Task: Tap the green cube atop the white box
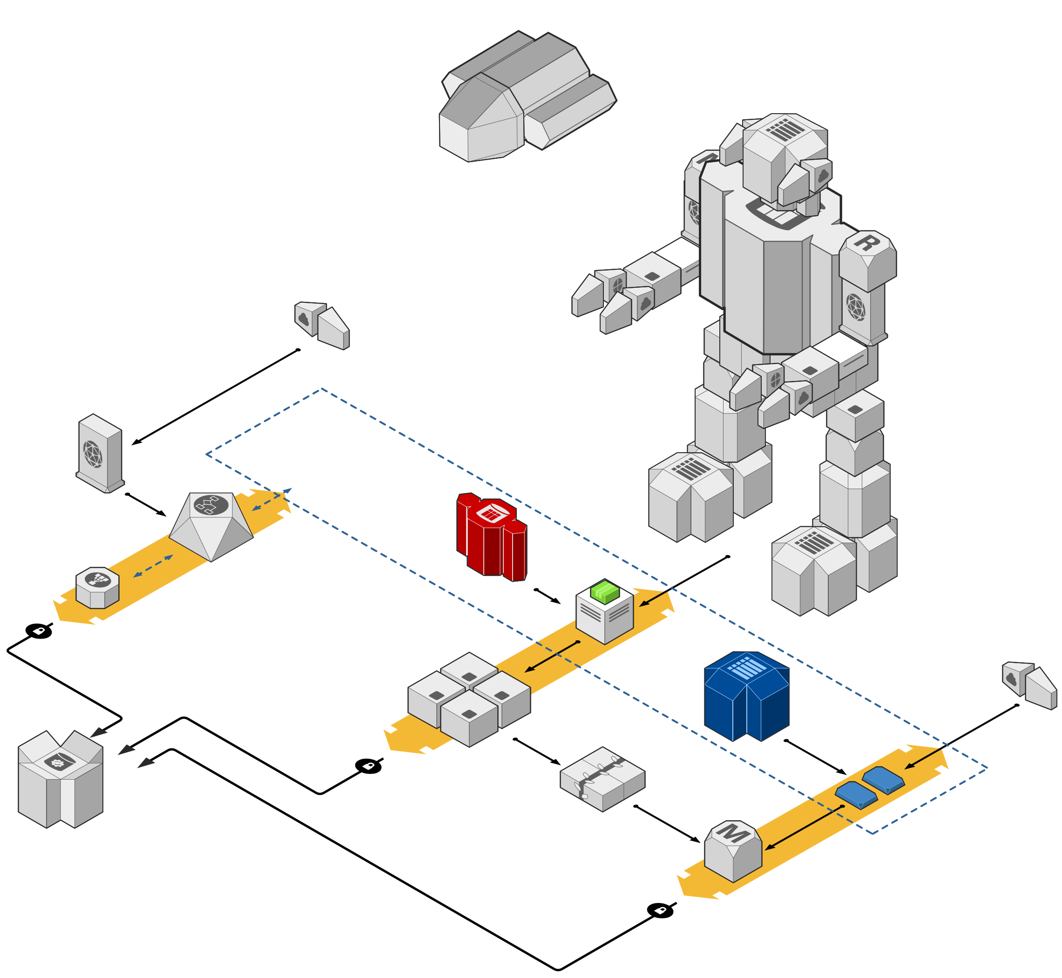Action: (x=604, y=591)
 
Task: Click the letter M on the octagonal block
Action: (x=732, y=834)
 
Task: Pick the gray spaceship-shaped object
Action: (x=528, y=96)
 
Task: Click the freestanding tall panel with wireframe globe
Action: (x=100, y=453)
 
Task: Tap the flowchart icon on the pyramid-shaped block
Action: (x=210, y=505)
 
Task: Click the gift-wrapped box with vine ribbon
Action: (x=602, y=779)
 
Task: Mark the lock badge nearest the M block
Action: (x=660, y=910)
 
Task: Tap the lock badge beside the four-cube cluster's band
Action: (x=368, y=766)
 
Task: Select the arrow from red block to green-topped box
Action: (x=548, y=597)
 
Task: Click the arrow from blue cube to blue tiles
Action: (x=815, y=757)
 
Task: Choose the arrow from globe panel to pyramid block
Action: (x=146, y=505)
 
